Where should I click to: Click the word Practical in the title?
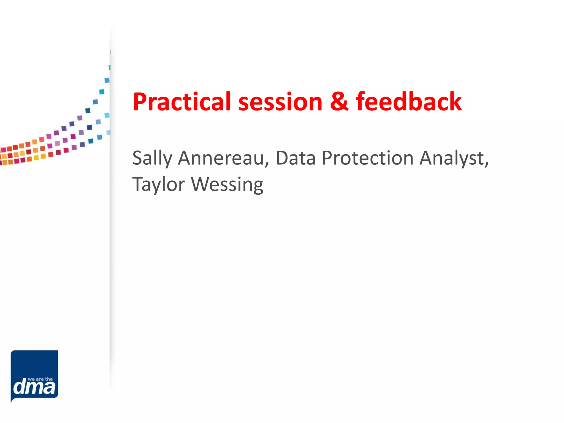(x=181, y=102)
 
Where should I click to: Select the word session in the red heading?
(x=280, y=102)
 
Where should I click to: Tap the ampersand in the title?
(x=339, y=102)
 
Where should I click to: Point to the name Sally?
(x=152, y=159)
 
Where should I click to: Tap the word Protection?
(x=367, y=158)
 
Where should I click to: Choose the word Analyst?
(x=452, y=159)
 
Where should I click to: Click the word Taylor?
(x=159, y=185)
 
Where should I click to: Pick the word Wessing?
(x=227, y=185)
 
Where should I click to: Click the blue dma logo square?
(x=34, y=366)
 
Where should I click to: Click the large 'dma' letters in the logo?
(x=34, y=387)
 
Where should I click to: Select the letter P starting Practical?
(x=140, y=102)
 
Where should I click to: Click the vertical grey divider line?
(x=110, y=220)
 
